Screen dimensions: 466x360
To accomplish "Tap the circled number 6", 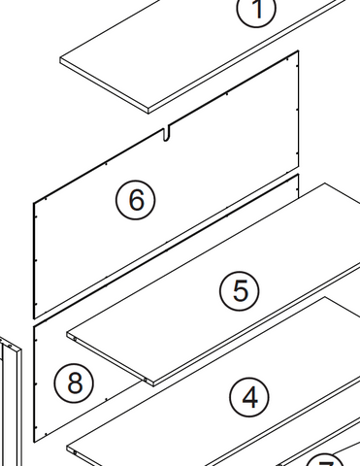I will tap(135, 200).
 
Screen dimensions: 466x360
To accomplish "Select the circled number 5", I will tap(240, 290).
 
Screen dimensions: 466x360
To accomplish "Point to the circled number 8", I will tap(75, 383).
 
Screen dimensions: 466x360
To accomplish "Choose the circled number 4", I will tap(249, 396).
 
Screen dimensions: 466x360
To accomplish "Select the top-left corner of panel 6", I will tap(34, 201).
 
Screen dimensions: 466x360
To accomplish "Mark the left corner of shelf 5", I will tap(67, 335).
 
